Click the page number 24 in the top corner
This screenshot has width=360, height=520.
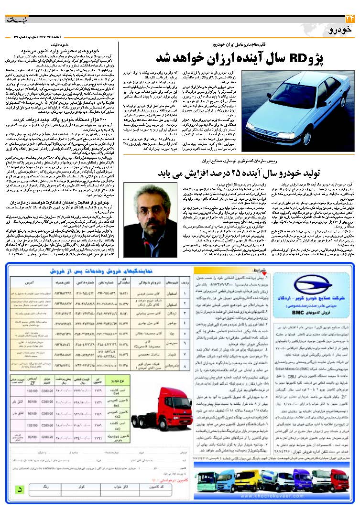point(348,19)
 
